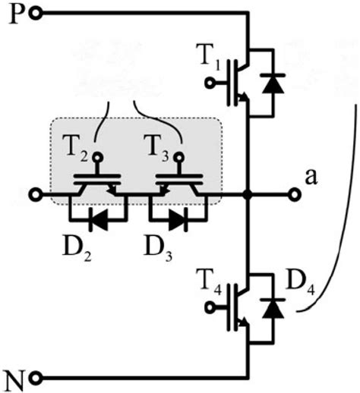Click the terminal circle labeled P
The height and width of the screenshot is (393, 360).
coord(36,14)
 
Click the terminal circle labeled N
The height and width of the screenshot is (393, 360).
coord(36,379)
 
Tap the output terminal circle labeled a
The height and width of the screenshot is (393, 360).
coord(294,195)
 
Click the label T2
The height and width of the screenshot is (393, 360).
coord(77,146)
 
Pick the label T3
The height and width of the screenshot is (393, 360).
coord(156,146)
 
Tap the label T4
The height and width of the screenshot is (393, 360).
coord(209,280)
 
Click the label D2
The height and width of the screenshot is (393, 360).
coord(77,246)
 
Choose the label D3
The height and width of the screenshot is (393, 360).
coord(158,246)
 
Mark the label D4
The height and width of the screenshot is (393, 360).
coord(300,283)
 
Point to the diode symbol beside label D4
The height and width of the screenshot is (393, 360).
coord(273,308)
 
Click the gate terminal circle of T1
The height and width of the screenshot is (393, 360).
coord(210,83)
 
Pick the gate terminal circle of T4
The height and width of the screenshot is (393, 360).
coord(210,307)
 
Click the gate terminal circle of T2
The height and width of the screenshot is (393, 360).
coord(97,158)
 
